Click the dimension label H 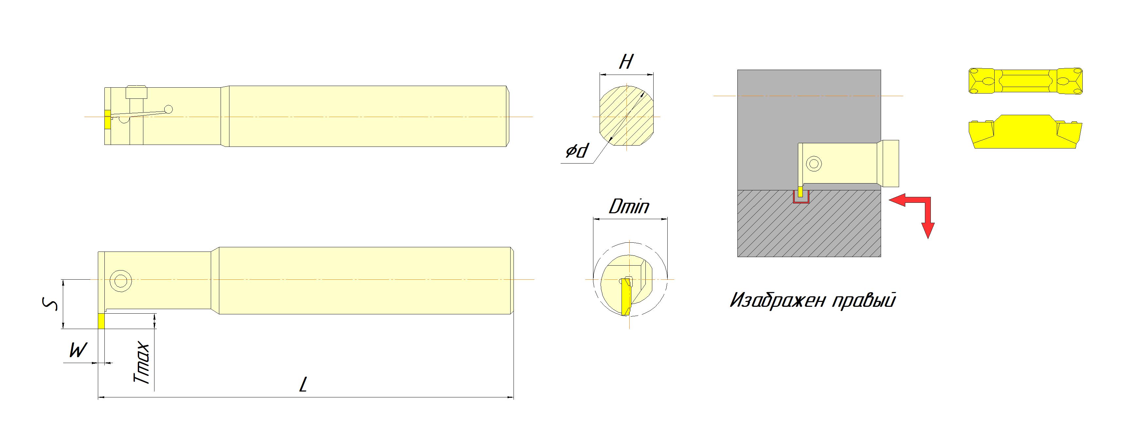click(626, 62)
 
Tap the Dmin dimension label click(629, 206)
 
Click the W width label click(78, 351)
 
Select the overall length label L click(303, 384)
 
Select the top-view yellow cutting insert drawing click(1025, 80)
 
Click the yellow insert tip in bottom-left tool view click(101, 321)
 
